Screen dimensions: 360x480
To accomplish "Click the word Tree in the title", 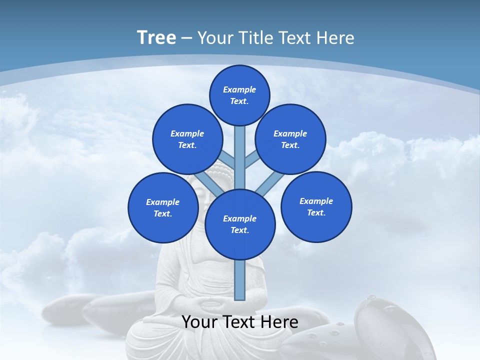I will tap(156, 37).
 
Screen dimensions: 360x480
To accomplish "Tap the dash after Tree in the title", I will tap(186, 38).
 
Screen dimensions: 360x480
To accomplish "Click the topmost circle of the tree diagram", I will tap(239, 95).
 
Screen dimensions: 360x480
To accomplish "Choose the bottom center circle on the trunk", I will tap(240, 224).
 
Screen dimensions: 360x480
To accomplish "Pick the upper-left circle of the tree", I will tap(187, 139).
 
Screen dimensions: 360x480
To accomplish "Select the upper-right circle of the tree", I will tap(290, 139).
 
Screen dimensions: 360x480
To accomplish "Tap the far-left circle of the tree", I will tap(163, 207).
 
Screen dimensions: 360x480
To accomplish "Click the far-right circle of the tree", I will tap(316, 206).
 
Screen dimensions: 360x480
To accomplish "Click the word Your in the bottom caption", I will tap(198, 322).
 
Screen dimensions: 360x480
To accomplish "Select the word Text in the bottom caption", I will tap(236, 322).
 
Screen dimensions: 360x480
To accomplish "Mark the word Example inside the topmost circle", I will tap(239, 89).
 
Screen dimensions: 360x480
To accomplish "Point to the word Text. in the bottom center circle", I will tap(239, 230).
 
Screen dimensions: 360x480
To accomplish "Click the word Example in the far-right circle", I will tap(316, 201).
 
